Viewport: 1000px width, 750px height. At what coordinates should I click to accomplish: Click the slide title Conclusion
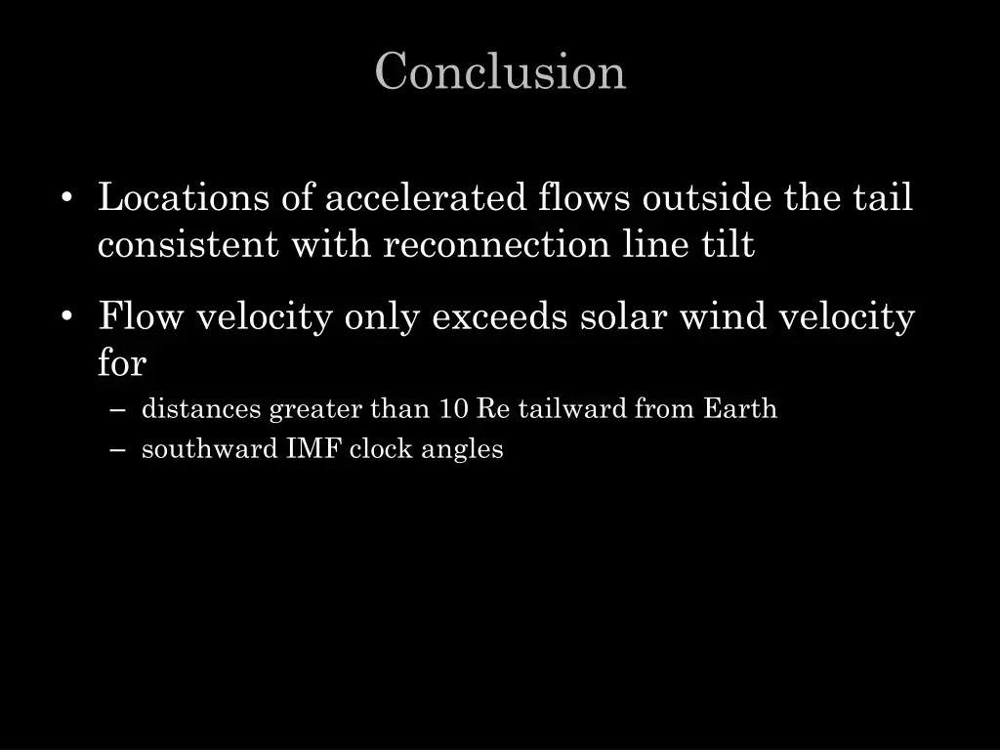click(x=500, y=72)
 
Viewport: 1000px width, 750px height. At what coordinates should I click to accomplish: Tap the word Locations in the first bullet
click(x=184, y=198)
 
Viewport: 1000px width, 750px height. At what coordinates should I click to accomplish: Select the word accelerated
click(x=426, y=198)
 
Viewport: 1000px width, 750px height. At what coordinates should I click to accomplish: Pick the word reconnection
click(x=496, y=244)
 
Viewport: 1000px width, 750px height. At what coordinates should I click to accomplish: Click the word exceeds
click(x=500, y=317)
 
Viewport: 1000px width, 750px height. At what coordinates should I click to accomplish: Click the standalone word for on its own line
click(x=121, y=363)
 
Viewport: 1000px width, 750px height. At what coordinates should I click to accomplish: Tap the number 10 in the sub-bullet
click(x=453, y=408)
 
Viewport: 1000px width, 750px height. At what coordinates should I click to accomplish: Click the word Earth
click(x=740, y=408)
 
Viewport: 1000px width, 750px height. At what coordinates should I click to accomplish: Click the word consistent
click(x=187, y=244)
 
